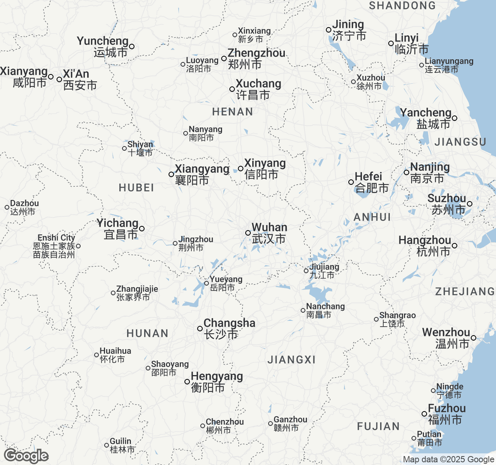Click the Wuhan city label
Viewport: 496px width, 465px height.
click(x=269, y=233)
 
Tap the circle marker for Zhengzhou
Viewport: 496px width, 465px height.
click(x=224, y=59)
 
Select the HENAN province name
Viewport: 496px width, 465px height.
click(x=232, y=112)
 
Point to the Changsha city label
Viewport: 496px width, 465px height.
click(x=229, y=329)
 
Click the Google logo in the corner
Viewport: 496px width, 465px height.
click(x=26, y=456)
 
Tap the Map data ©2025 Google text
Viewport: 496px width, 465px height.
click(x=448, y=460)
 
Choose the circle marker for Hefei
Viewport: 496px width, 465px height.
click(x=351, y=182)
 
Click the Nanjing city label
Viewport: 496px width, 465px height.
click(x=430, y=172)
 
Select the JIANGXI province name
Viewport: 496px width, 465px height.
click(x=291, y=360)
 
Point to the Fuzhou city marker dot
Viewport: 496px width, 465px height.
click(x=424, y=414)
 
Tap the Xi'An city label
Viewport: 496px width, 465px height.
click(x=79, y=79)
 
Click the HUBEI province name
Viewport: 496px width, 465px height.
click(x=136, y=188)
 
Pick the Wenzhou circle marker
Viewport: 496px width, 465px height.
click(x=474, y=338)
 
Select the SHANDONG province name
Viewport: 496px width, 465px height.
click(x=402, y=5)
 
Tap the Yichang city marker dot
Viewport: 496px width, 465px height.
click(x=142, y=229)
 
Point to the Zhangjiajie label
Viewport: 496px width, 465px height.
click(x=137, y=293)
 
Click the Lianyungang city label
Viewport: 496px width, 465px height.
click(x=449, y=65)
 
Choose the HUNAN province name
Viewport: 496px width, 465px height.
click(x=147, y=333)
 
